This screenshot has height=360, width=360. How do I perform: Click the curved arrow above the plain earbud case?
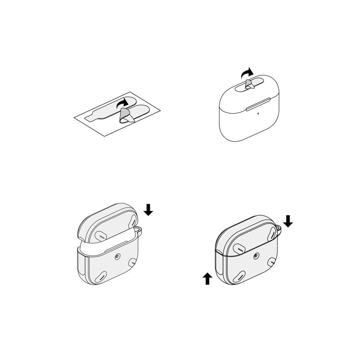coord(247,73)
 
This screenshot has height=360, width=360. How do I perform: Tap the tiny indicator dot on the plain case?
coord(258,114)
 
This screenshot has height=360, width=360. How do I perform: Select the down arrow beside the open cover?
coord(148,209)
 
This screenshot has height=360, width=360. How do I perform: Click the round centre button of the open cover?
coord(117,257)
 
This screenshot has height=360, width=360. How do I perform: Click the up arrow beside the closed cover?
coord(207,278)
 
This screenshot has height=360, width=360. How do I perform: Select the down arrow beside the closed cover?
coord(288,221)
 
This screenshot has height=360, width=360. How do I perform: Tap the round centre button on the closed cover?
coord(256,256)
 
